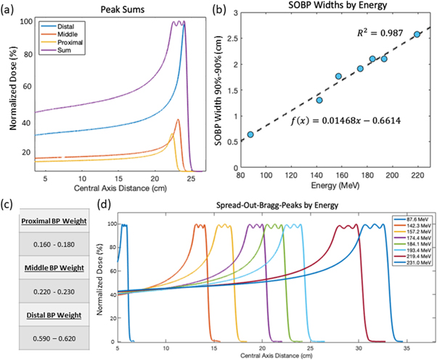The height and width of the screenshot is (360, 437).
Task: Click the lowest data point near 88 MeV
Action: (250, 134)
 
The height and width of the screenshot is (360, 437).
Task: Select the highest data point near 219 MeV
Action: (417, 34)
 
